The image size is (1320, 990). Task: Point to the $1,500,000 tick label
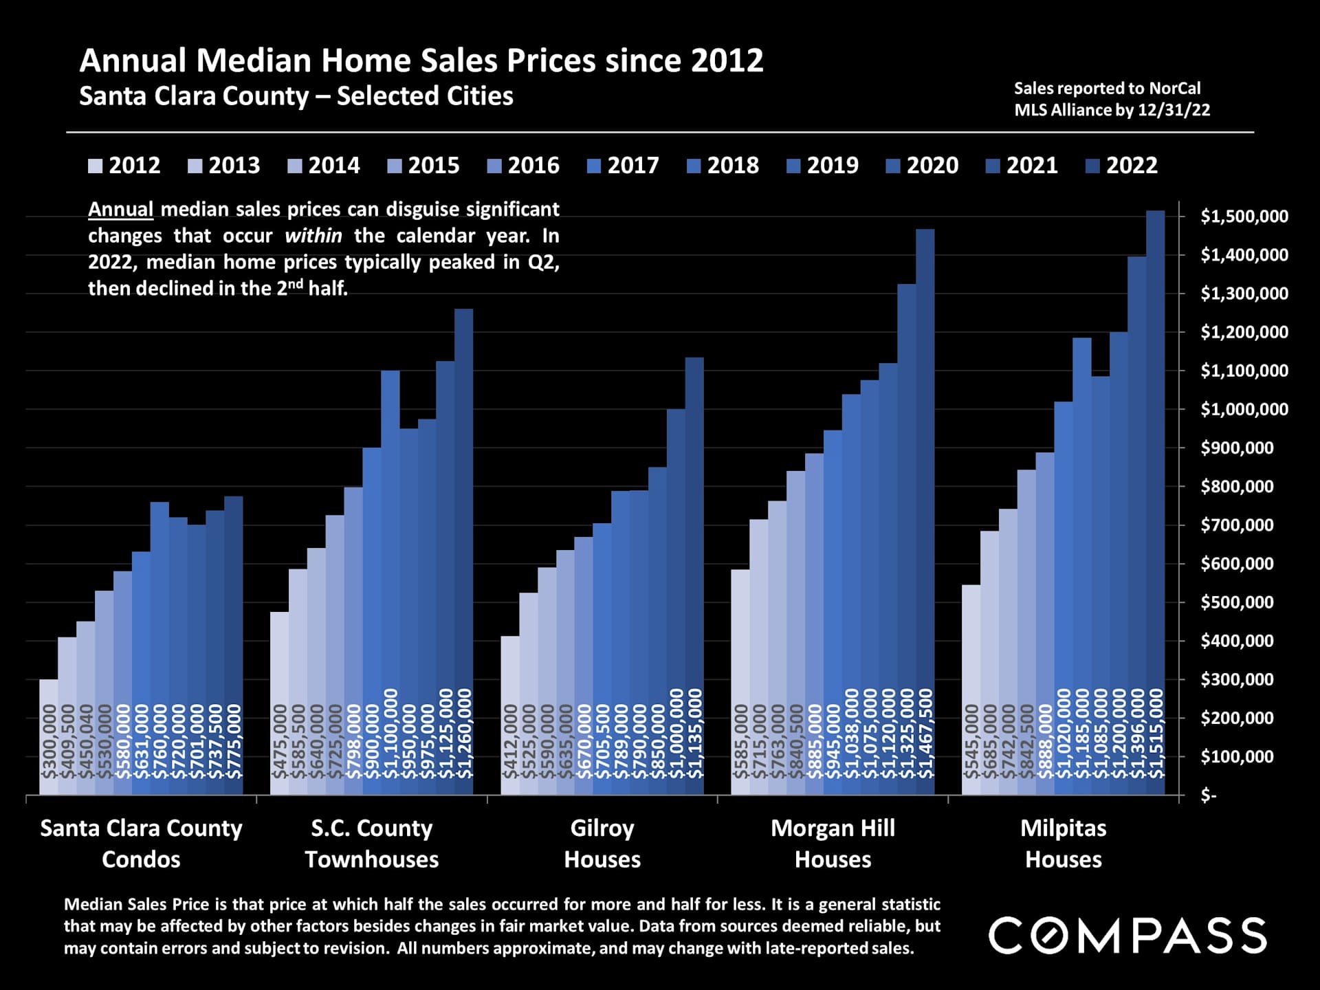tap(1244, 217)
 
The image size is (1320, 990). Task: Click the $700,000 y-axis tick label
tap(1244, 525)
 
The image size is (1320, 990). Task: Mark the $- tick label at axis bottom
tap(1209, 796)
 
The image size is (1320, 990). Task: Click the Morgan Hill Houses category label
tap(833, 844)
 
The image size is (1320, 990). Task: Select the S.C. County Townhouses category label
tap(371, 844)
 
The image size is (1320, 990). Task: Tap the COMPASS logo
tap(1127, 935)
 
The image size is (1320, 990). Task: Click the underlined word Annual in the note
tap(120, 209)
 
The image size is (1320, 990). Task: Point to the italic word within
tap(313, 236)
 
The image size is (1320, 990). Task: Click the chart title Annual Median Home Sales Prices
tap(421, 60)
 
